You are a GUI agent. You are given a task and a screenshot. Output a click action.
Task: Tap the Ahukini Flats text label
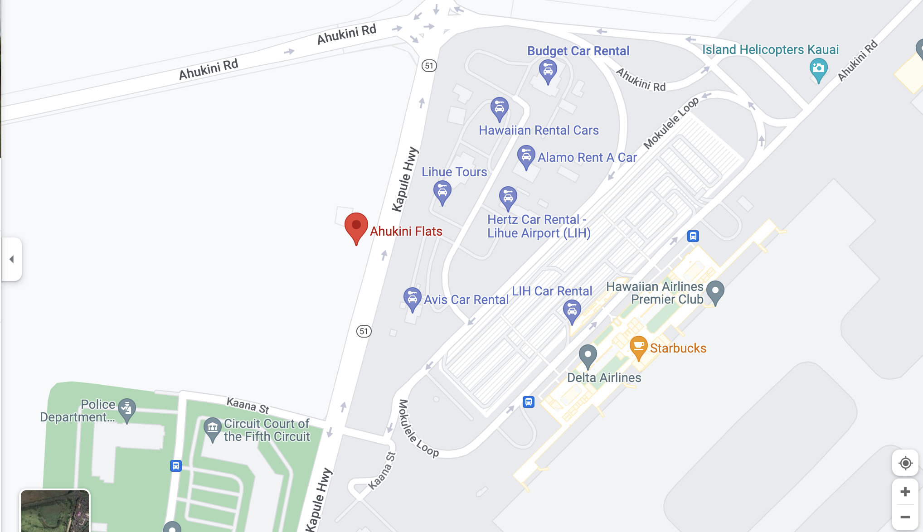[406, 231]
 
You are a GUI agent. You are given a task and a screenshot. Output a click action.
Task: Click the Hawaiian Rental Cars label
[539, 131]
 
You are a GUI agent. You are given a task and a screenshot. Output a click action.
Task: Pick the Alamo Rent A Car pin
[526, 156]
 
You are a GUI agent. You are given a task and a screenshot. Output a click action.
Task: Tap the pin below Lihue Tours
[442, 192]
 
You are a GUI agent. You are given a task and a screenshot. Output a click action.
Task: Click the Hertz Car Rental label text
[539, 226]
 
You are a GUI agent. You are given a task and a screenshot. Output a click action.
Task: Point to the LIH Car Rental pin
[572, 310]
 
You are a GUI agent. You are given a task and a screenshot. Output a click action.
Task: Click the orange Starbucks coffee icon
[638, 347]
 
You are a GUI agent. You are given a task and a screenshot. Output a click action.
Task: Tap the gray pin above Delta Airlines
[588, 355]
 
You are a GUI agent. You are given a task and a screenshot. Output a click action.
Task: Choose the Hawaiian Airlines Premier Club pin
[715, 291]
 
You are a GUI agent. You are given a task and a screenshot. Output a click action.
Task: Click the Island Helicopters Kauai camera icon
[818, 69]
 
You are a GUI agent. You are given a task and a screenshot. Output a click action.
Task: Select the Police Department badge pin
[127, 409]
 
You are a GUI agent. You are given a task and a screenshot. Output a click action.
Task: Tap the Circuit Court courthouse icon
[212, 428]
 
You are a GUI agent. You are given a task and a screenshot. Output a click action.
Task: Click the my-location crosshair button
[905, 463]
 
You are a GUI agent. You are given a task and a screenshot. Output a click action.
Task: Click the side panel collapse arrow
[12, 259]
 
